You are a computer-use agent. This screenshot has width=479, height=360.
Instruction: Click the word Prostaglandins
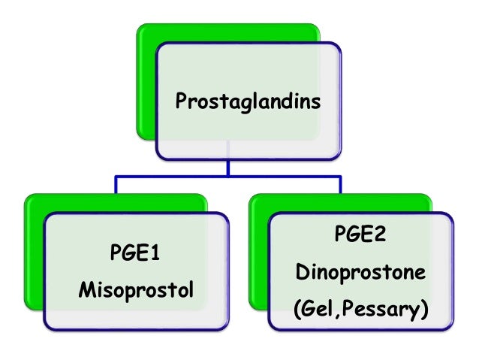tap(247, 101)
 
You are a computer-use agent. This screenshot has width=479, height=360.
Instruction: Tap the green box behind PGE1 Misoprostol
tap(34, 248)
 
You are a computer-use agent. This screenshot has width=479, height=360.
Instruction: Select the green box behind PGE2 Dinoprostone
tap(259, 248)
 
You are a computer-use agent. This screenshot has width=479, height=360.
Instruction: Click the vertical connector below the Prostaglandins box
tap(228, 168)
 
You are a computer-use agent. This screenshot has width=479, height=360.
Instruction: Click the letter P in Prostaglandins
tap(180, 100)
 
